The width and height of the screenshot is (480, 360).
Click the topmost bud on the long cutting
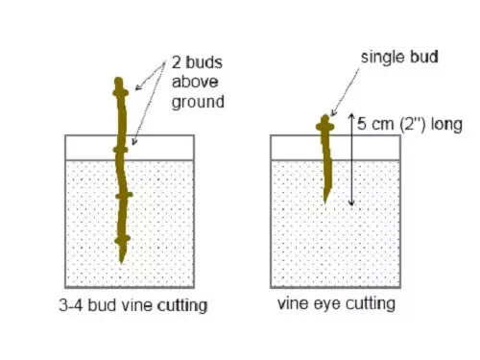(x=121, y=93)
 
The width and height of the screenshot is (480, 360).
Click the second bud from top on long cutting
(x=120, y=150)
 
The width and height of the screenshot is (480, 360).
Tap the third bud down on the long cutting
(x=124, y=195)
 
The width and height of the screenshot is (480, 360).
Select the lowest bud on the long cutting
(x=122, y=239)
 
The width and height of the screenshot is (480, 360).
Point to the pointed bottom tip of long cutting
(x=121, y=263)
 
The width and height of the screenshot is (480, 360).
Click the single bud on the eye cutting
(x=325, y=127)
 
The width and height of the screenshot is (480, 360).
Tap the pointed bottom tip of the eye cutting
(x=325, y=203)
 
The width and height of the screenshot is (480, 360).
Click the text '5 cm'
(x=375, y=124)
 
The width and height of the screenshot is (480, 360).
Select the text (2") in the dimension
(x=413, y=124)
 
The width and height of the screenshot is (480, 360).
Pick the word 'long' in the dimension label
(x=446, y=125)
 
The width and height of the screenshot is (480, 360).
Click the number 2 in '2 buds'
(x=176, y=62)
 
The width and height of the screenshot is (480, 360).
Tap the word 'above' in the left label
(x=195, y=82)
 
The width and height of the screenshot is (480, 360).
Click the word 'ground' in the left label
(x=198, y=103)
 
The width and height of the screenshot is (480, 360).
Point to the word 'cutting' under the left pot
(x=182, y=305)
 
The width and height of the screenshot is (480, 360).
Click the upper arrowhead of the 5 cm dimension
(x=351, y=116)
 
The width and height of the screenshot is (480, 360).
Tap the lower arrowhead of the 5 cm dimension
(x=351, y=203)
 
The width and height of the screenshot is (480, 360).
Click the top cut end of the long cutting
(x=118, y=79)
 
